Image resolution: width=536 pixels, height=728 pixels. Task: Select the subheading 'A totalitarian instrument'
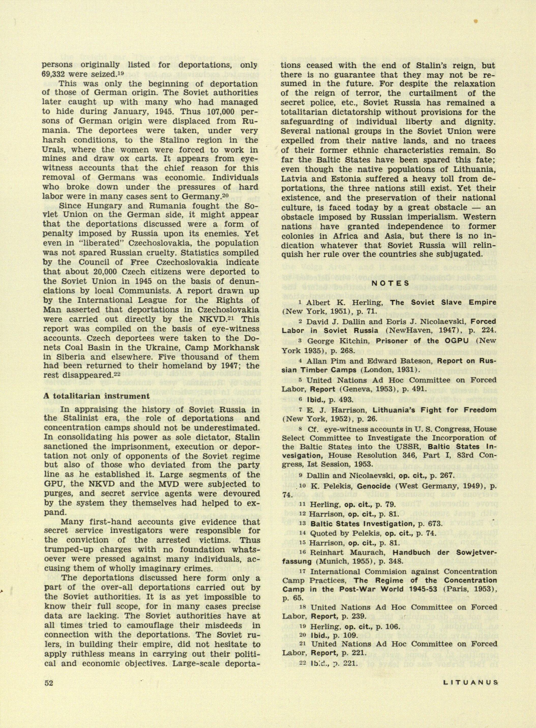tap(96, 396)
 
